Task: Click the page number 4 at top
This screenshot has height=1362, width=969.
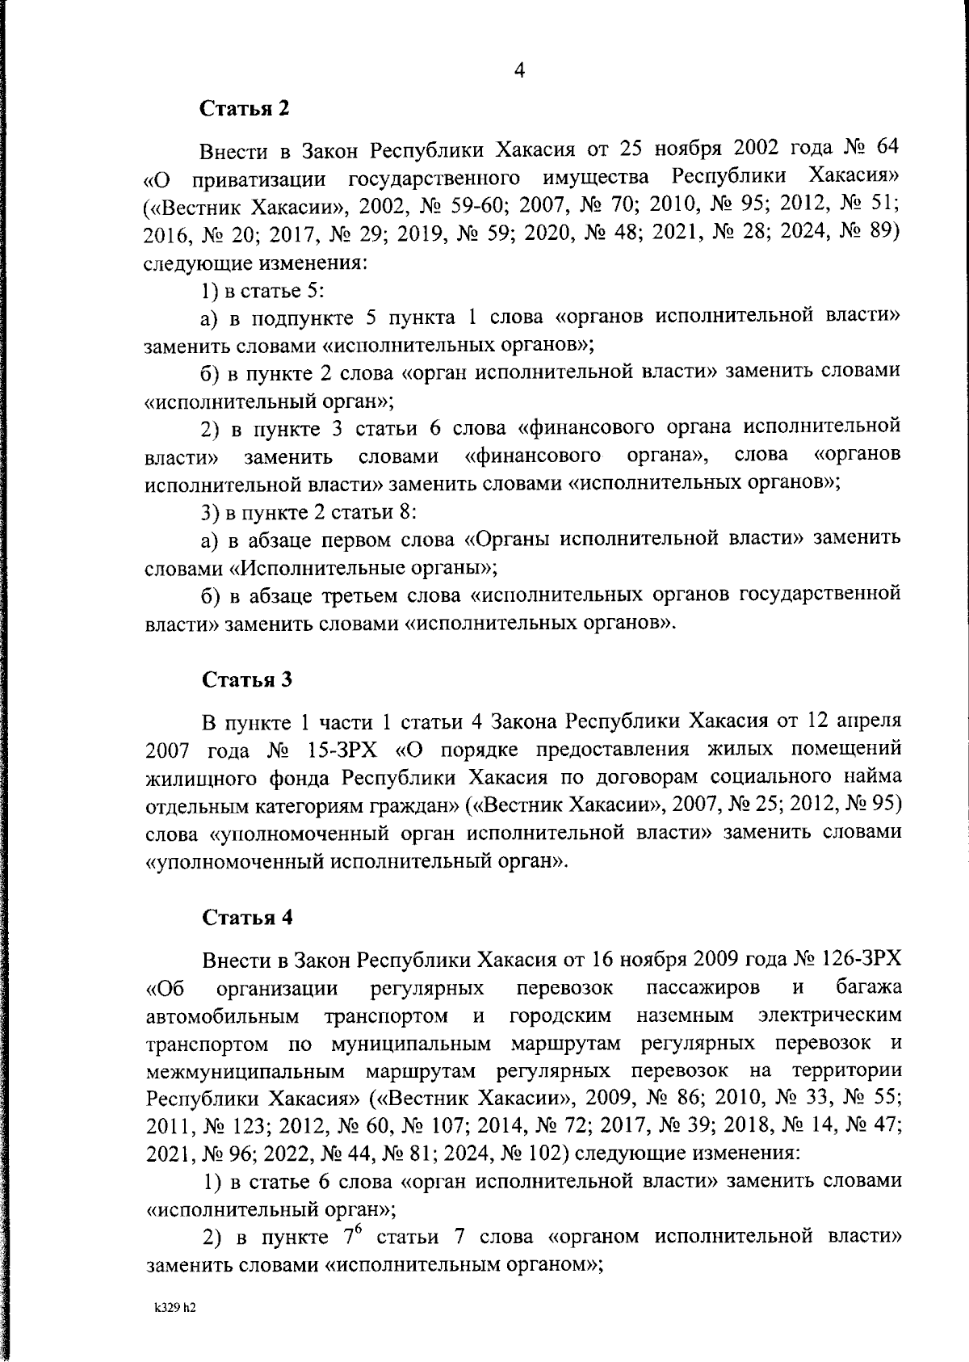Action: (x=519, y=71)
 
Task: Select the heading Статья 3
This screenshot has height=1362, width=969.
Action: (x=246, y=680)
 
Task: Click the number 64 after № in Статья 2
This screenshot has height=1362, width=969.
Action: (x=885, y=151)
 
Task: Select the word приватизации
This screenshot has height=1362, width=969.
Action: (x=256, y=179)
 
